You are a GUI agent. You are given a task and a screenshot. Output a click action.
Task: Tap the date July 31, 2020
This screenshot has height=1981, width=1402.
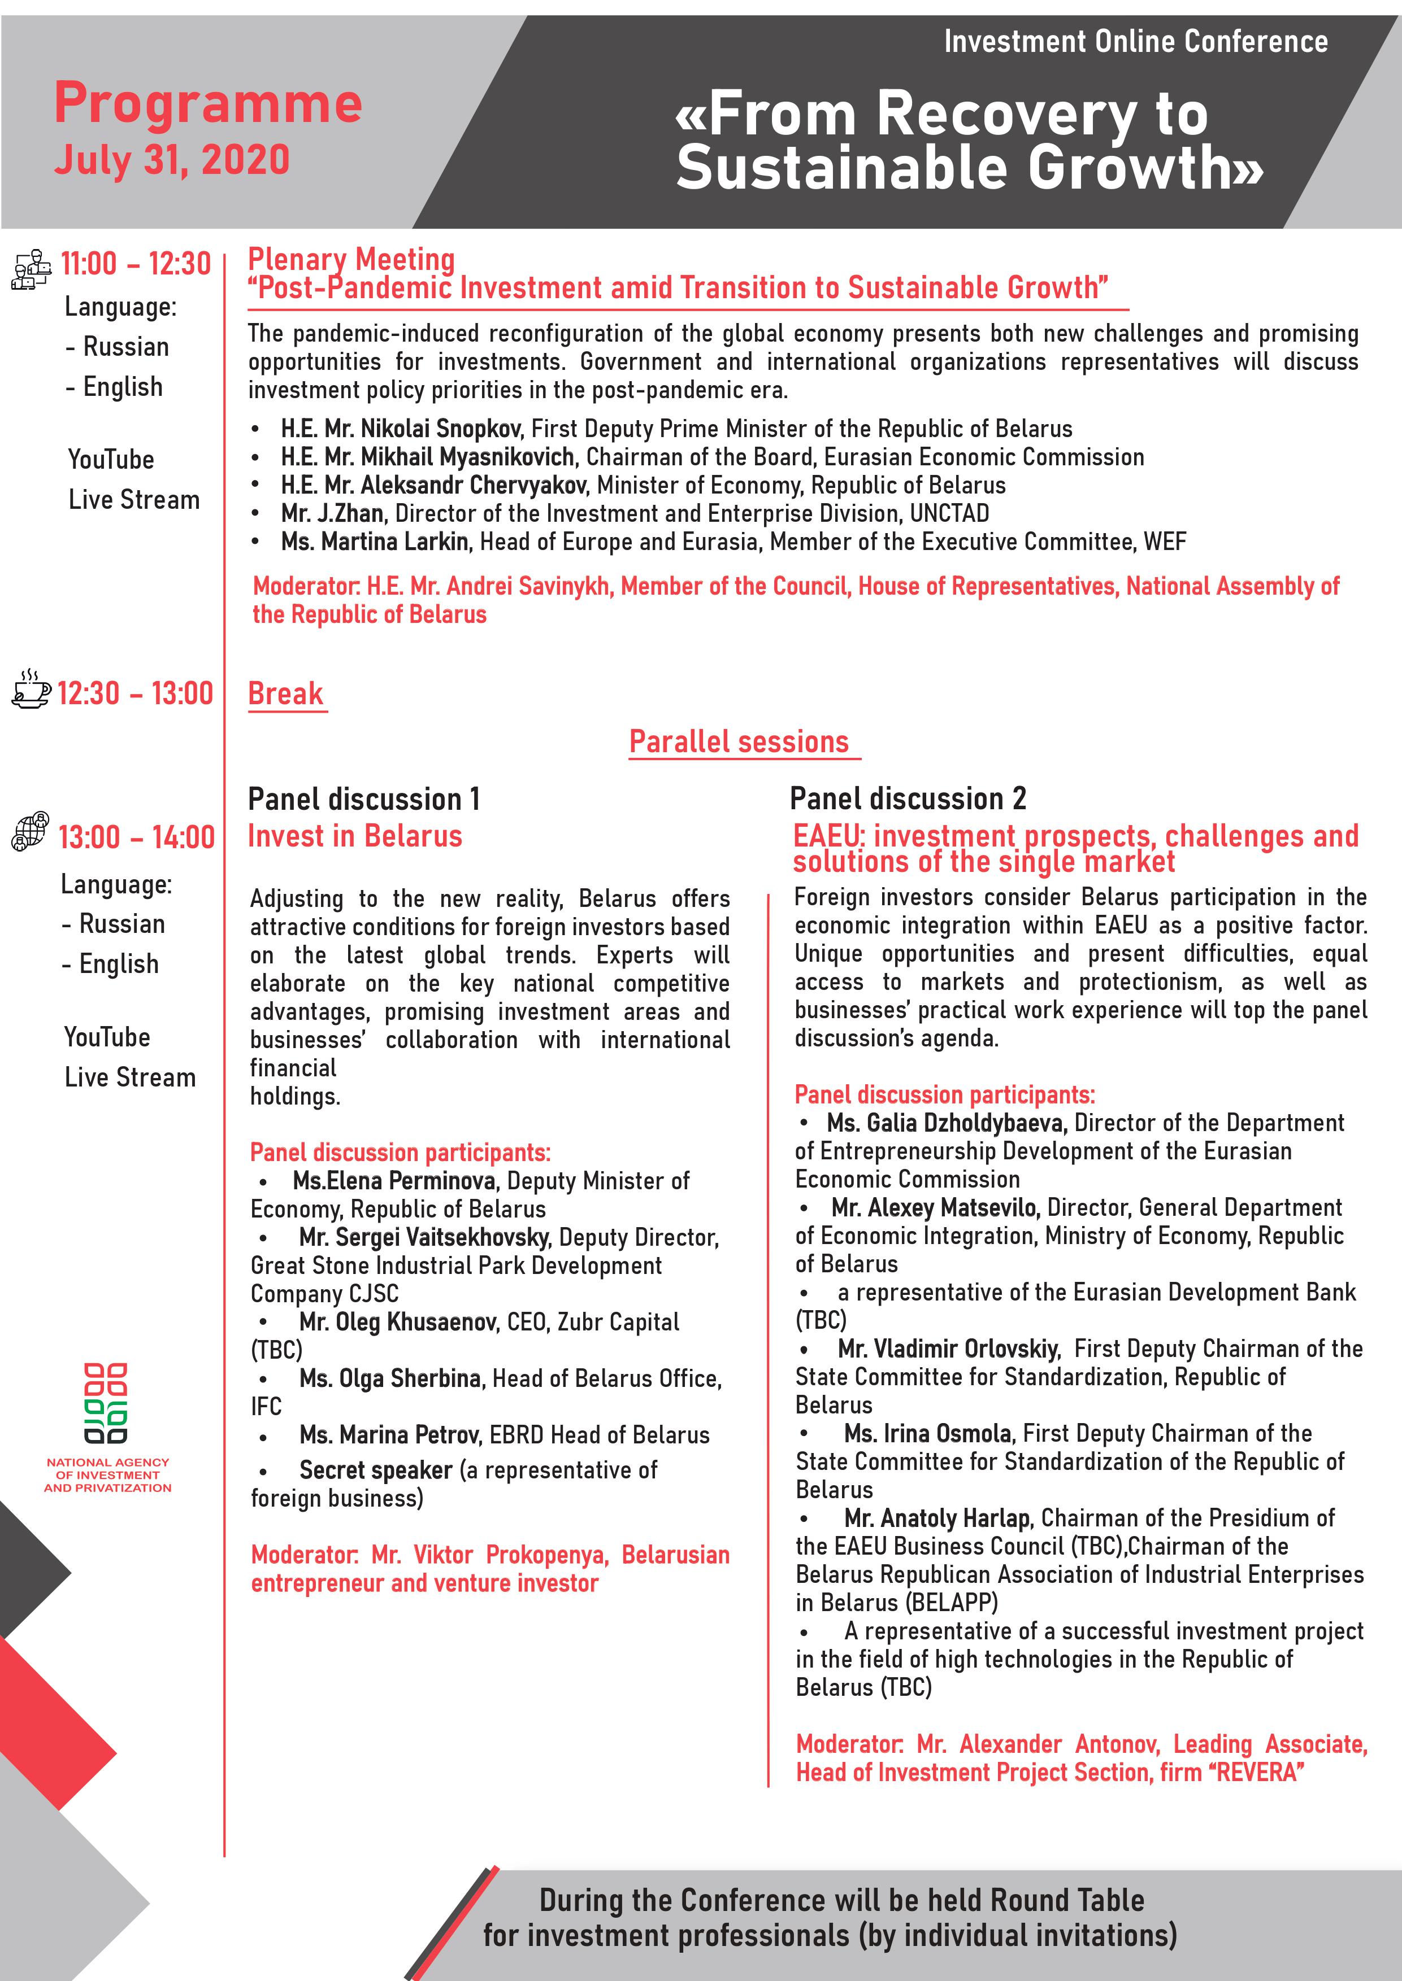[x=172, y=160]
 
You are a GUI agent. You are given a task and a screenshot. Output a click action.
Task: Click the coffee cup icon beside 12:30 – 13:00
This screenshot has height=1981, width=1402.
[x=31, y=690]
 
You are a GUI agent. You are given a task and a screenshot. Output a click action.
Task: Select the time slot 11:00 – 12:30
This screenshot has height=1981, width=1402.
[x=136, y=263]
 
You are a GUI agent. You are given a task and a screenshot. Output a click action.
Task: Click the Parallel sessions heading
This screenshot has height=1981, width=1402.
[x=739, y=742]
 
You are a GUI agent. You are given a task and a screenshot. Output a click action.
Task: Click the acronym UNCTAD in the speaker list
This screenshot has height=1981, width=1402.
[x=949, y=513]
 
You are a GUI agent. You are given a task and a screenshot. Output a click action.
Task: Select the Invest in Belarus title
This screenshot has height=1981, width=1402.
[x=355, y=836]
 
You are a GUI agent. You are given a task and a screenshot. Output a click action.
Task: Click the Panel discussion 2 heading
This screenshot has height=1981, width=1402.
[x=908, y=799]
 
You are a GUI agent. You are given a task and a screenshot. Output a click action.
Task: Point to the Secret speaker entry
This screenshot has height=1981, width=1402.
[x=376, y=1469]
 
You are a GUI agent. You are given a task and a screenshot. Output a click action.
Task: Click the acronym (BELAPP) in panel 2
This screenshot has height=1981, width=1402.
[x=952, y=1602]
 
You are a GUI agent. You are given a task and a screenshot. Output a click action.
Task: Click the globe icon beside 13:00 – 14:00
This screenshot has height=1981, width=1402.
[x=29, y=831]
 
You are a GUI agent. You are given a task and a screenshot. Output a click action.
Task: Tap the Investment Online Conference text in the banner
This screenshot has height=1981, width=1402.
[x=1135, y=41]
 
